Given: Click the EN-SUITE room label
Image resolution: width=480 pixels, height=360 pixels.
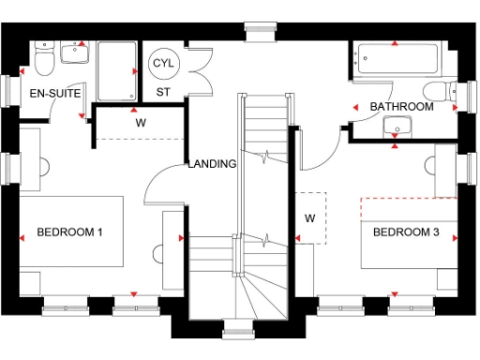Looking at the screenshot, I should coord(55,94).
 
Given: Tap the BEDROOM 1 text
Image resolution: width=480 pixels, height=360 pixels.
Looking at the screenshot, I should coord(69,232).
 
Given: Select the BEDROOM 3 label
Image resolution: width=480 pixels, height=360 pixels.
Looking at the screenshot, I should coord(406,232).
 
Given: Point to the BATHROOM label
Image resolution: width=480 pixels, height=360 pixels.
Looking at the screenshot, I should coord(401,107).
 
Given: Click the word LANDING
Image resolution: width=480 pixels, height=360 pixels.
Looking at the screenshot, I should coord(212,164).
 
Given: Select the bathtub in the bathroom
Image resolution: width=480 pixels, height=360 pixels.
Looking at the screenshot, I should coord(395,59).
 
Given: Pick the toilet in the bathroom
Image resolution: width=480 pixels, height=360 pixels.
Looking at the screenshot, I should coord(437,92).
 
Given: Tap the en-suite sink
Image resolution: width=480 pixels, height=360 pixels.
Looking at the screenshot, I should coord(75,52).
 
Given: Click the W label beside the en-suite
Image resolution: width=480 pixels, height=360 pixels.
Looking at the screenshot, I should coord(141,122).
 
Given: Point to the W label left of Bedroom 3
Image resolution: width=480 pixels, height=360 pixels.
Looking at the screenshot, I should coord(309,217).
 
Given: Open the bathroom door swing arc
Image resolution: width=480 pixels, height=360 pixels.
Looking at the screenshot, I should coord(323,141).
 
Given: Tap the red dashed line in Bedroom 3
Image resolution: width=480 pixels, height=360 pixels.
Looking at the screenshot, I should coord(408,198).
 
